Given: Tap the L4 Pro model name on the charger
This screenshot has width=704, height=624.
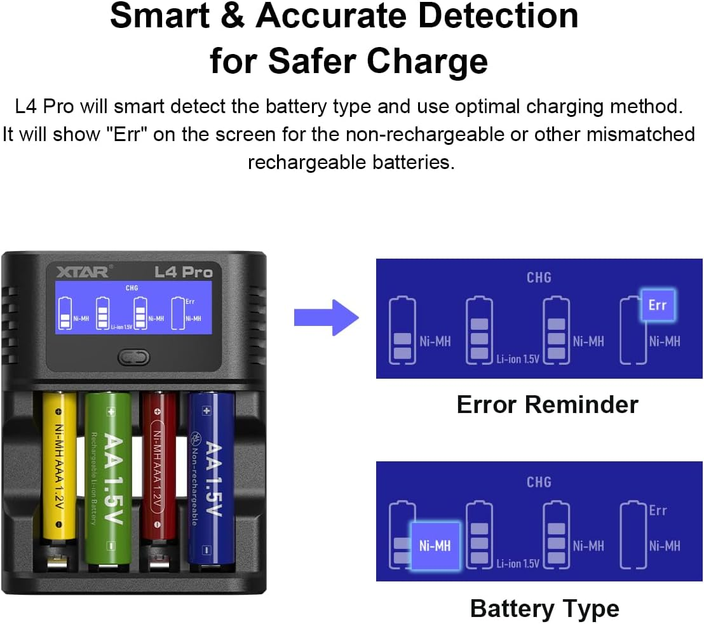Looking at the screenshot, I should pos(184,272).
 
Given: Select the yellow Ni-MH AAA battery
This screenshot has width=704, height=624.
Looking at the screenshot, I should pos(59,470).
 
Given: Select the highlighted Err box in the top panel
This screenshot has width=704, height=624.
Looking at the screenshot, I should pos(657,305).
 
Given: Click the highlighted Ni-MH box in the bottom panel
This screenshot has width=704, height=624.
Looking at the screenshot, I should pos(435,545).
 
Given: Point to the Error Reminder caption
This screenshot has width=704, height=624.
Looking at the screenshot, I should pos(547,404).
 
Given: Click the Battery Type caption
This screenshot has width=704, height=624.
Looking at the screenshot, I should pos(545,608).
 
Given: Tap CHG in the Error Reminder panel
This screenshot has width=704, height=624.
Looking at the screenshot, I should pos(539,277).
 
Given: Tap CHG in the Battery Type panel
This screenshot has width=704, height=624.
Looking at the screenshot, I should pos(539,482).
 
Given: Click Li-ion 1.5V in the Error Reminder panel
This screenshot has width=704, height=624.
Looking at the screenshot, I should pos(517,359).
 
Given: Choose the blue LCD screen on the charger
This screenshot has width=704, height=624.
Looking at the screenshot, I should pos(132,306).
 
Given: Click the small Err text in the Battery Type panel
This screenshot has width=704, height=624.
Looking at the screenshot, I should pos(658,510).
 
